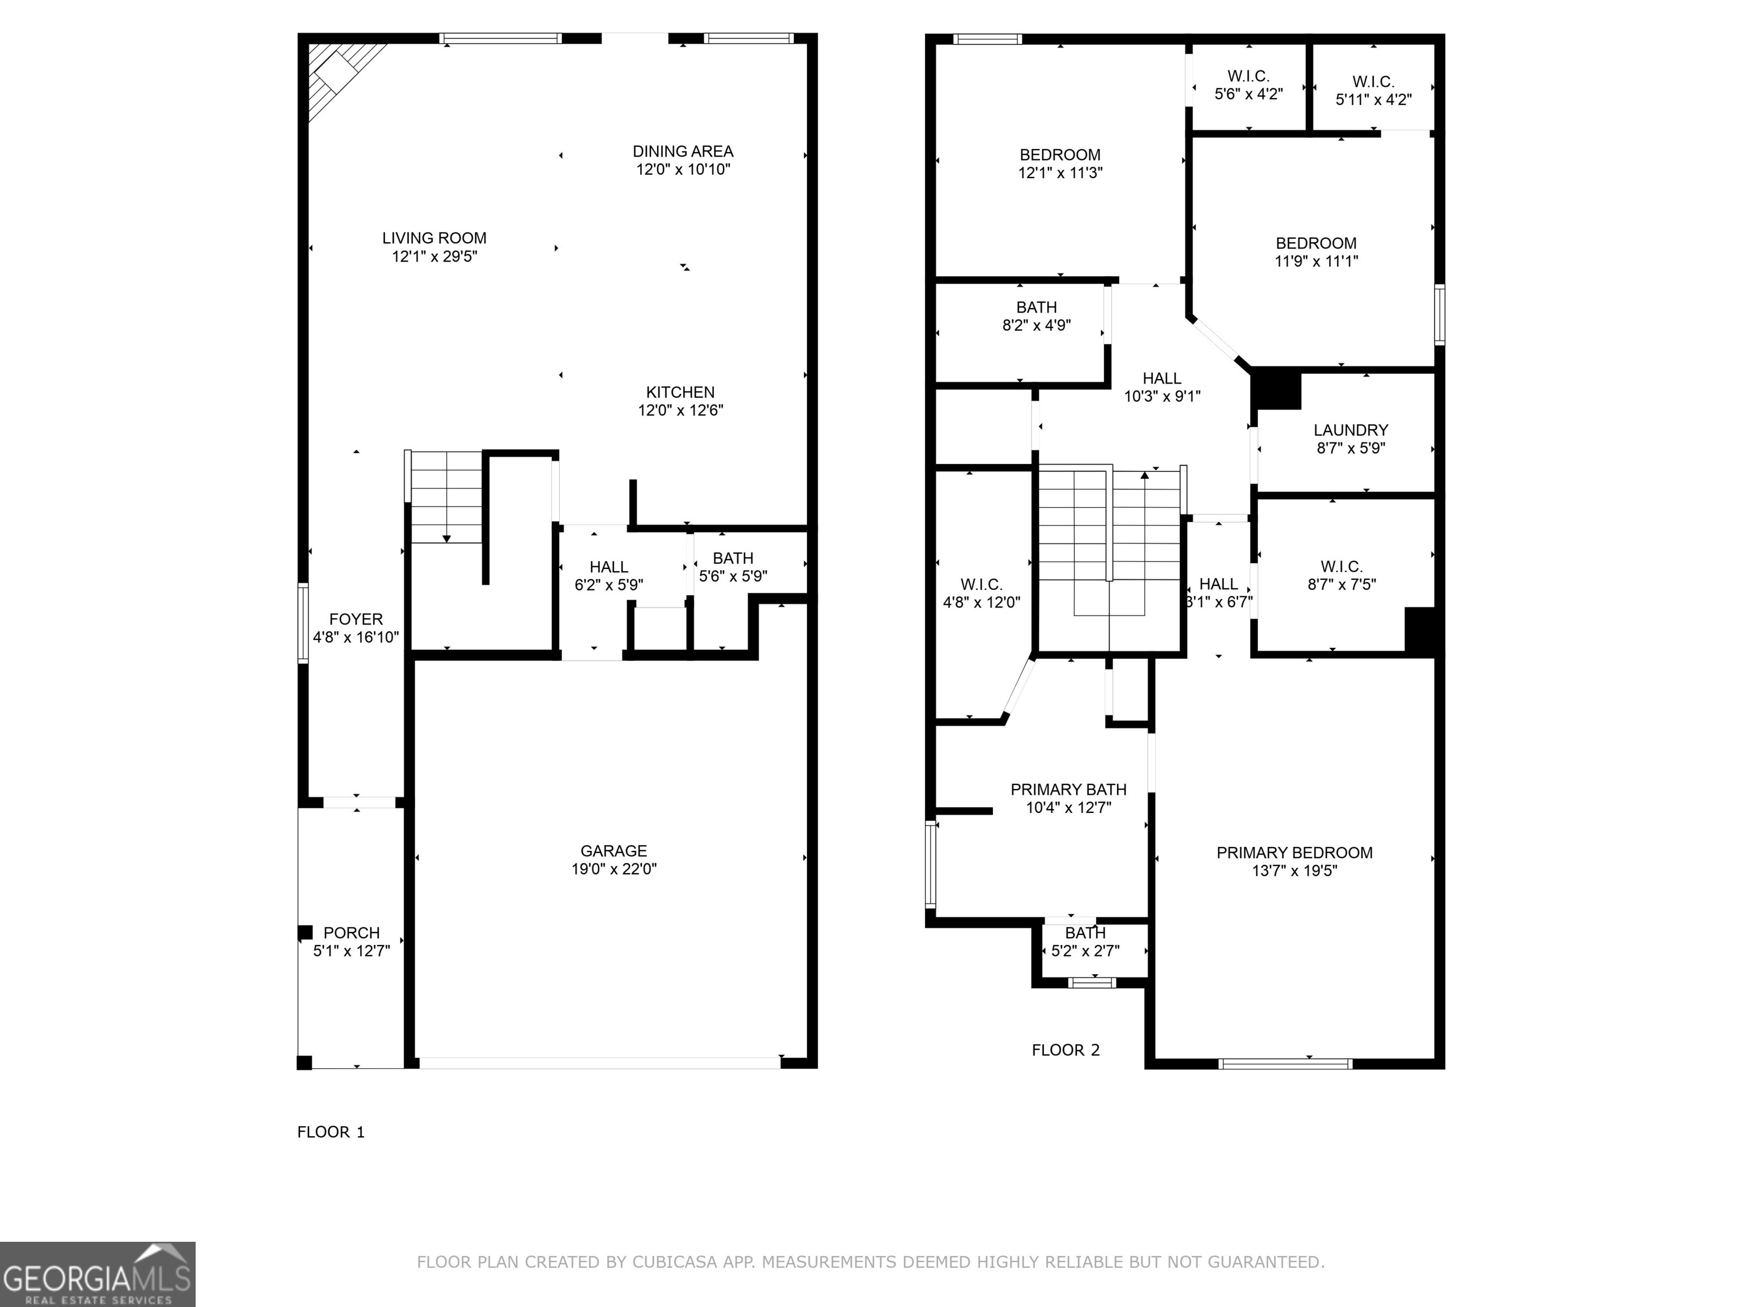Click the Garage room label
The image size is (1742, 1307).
point(614,851)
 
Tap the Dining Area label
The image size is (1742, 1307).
point(683,151)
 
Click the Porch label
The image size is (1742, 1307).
point(351,933)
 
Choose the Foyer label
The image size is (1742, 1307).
point(356,619)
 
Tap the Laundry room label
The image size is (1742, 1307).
point(1351,430)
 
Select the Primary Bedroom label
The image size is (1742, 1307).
point(1294,853)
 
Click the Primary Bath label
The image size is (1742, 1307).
point(1068,790)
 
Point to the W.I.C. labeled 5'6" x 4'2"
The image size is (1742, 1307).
point(1248,85)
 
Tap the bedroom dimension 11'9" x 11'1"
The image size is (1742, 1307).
point(1316,262)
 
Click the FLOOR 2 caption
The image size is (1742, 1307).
point(1066,1050)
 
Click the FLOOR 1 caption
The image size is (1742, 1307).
point(331,1132)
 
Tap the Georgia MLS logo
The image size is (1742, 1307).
point(97,1274)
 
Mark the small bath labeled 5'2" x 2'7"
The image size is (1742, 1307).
point(1085,942)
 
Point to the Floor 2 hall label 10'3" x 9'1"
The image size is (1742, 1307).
point(1161,387)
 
